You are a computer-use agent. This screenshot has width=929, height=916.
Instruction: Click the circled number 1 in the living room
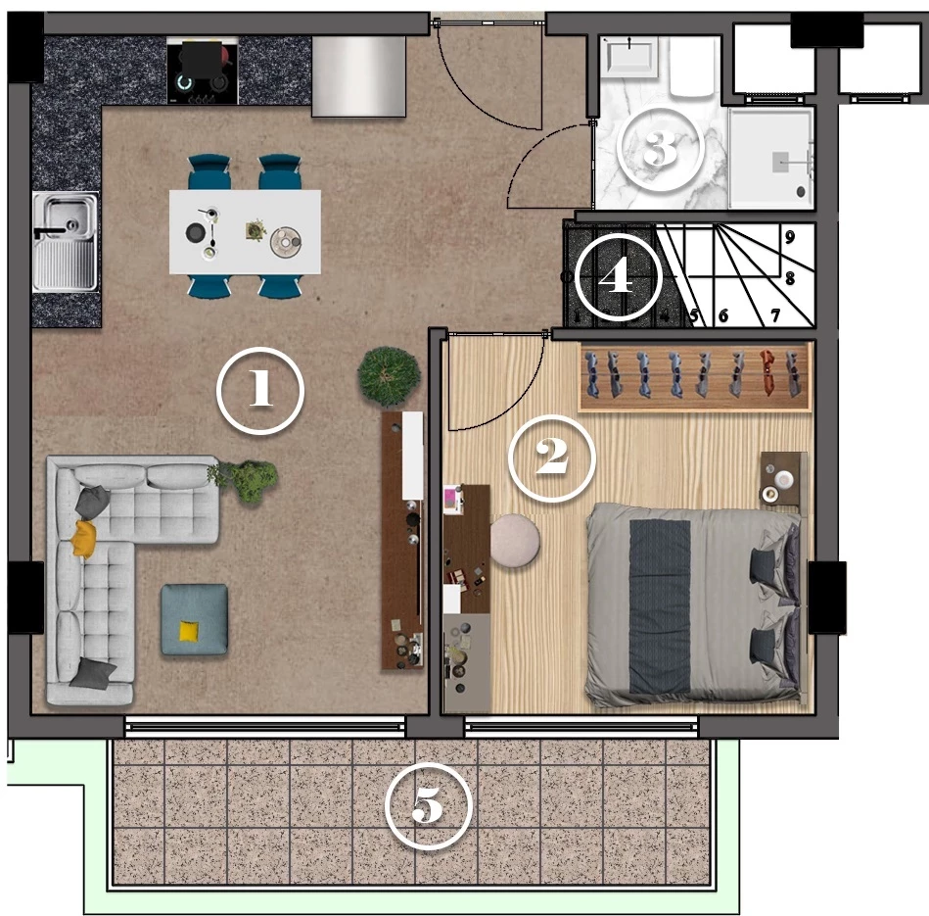pyautogui.click(x=260, y=391)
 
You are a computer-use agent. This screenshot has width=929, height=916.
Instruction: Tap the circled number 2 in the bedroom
pyautogui.click(x=551, y=458)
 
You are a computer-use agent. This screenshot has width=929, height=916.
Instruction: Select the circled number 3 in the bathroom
pyautogui.click(x=661, y=148)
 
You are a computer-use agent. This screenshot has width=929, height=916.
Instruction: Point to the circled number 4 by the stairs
pyautogui.click(x=618, y=277)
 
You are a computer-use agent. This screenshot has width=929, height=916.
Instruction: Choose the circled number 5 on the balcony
pyautogui.click(x=429, y=806)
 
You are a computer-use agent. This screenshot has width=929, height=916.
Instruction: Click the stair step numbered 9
pyautogui.click(x=790, y=237)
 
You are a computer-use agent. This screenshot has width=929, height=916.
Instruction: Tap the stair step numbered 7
pyautogui.click(x=775, y=315)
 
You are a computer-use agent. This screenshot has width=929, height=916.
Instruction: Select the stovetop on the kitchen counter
pyautogui.click(x=203, y=71)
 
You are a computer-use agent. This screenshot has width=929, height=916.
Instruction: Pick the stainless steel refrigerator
pyautogui.click(x=358, y=75)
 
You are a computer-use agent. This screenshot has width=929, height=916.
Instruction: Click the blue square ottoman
pyautogui.click(x=195, y=619)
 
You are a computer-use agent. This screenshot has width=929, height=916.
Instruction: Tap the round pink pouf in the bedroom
pyautogui.click(x=515, y=541)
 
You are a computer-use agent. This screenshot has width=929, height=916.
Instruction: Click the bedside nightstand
pyautogui.click(x=784, y=478)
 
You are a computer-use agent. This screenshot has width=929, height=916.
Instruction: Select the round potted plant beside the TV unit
pyautogui.click(x=389, y=376)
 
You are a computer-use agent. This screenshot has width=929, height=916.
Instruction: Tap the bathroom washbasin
pyautogui.click(x=629, y=58)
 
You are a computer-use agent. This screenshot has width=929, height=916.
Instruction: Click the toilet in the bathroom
pyautogui.click(x=693, y=69)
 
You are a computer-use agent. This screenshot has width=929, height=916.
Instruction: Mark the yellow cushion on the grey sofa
pyautogui.click(x=84, y=539)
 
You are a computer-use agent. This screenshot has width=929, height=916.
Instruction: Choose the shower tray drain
pyautogui.click(x=801, y=191)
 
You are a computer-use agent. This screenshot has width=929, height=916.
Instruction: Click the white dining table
pyautogui.click(x=246, y=232)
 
